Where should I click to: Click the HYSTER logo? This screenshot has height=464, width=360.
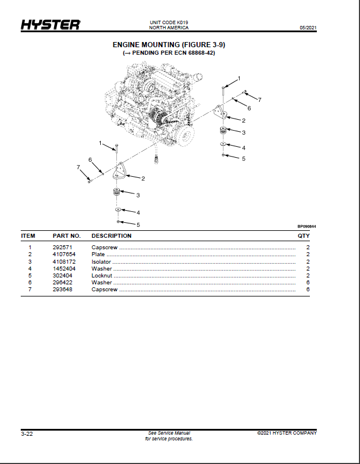pyautogui.click(x=50, y=25)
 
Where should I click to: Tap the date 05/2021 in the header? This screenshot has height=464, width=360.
pyautogui.click(x=308, y=28)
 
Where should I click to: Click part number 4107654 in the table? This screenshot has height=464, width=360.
pyautogui.click(x=64, y=254)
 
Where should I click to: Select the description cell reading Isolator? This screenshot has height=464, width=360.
pyautogui.click(x=101, y=262)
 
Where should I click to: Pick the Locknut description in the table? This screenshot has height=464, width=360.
pyautogui.click(x=102, y=276)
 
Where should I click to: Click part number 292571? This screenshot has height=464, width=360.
pyautogui.click(x=62, y=248)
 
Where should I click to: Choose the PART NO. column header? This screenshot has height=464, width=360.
pyautogui.click(x=67, y=236)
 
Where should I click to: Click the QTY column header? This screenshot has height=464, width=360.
pyautogui.click(x=304, y=236)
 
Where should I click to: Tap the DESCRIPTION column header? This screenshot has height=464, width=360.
pyautogui.click(x=111, y=236)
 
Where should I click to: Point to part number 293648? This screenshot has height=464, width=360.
pyautogui.click(x=62, y=290)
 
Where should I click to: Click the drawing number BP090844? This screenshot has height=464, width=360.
pyautogui.click(x=306, y=227)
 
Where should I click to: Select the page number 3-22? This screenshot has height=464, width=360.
pyautogui.click(x=27, y=434)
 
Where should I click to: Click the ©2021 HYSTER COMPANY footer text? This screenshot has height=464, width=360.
pyautogui.click(x=287, y=433)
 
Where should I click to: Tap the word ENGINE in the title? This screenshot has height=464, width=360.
pyautogui.click(x=126, y=45)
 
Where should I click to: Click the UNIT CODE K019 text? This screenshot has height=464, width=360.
pyautogui.click(x=169, y=22)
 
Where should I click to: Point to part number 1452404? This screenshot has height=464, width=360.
pyautogui.click(x=64, y=269)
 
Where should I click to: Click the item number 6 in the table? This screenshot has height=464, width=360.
pyautogui.click(x=30, y=283)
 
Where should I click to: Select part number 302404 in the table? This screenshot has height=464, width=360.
pyautogui.click(x=62, y=276)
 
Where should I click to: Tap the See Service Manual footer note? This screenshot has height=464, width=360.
pyautogui.click(x=169, y=433)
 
